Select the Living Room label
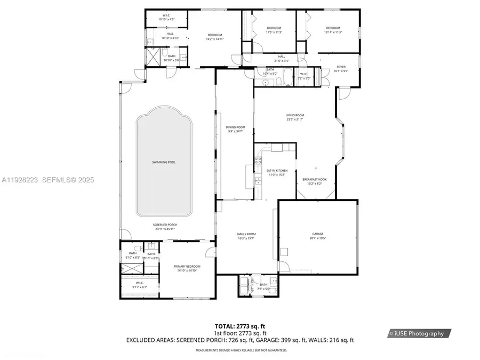click(295, 117)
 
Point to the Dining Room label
click(235, 129)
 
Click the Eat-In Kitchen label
click(276, 172)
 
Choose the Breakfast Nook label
click(314, 181)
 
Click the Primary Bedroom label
click(187, 268)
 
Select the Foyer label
click(340, 69)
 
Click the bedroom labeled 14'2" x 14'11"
click(215, 37)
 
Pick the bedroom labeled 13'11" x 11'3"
click(333, 30)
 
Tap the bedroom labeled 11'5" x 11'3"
click(274, 30)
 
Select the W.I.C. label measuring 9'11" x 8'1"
click(139, 285)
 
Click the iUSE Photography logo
click(419, 333)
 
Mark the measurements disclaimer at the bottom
click(241, 350)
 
